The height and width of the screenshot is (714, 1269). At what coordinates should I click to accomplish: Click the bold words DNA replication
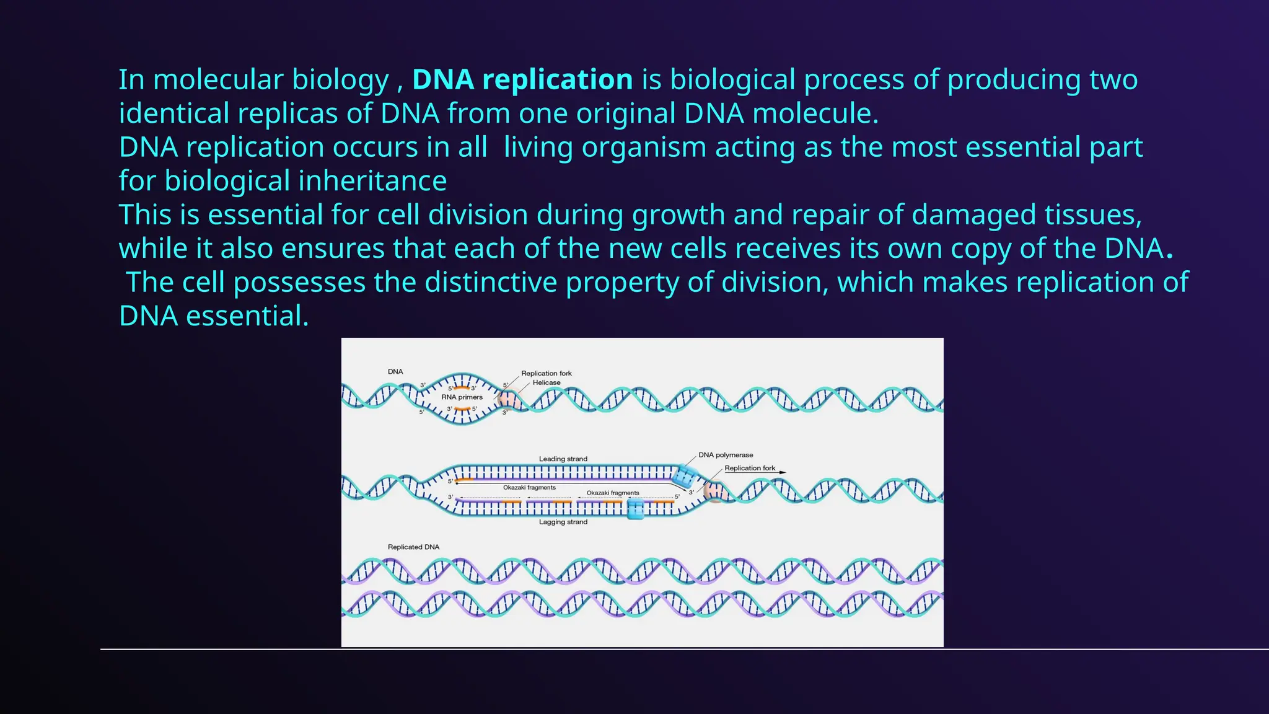[522, 80]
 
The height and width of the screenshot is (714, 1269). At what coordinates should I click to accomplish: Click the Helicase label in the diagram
[547, 382]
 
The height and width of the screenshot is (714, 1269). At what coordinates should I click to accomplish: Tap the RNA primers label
[462, 397]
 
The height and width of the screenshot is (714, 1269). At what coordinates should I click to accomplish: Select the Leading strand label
[563, 459]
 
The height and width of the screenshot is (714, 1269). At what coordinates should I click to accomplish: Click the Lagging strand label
[563, 522]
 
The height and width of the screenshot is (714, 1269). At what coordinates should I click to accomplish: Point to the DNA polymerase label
[726, 455]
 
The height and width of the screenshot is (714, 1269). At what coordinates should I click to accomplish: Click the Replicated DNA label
[413, 547]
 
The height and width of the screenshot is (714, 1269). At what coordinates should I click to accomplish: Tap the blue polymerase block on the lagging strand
[635, 509]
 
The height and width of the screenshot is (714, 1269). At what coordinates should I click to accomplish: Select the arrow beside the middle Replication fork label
[783, 472]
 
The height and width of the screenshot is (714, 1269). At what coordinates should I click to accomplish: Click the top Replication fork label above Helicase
[546, 373]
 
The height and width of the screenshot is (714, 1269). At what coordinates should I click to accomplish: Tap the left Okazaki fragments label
[529, 488]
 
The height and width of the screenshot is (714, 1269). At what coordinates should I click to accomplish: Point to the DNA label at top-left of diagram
[395, 372]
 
